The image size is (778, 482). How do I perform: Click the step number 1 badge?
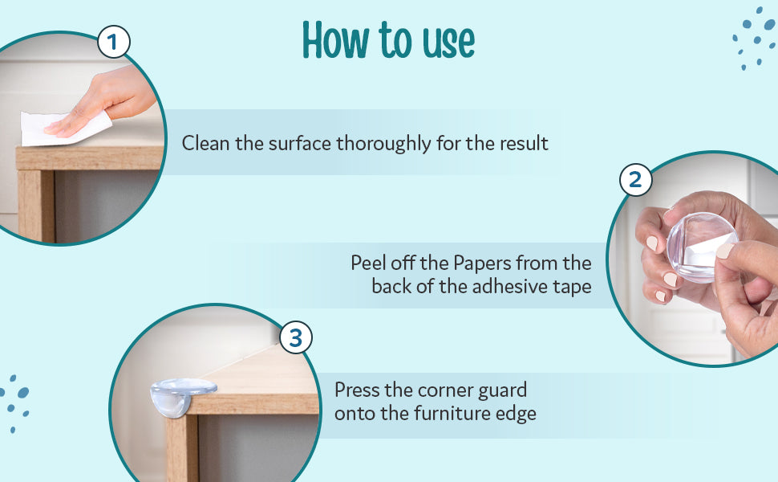coord(114,43)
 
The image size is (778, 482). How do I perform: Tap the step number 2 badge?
coord(635,180)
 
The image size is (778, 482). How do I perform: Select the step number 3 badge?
coord(296,338)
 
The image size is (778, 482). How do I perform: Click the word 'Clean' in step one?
coord(206,144)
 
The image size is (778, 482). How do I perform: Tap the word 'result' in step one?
coord(524,144)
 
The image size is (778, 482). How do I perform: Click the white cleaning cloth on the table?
coord(65,129)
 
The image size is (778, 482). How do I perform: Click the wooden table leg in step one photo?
coord(36,206)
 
